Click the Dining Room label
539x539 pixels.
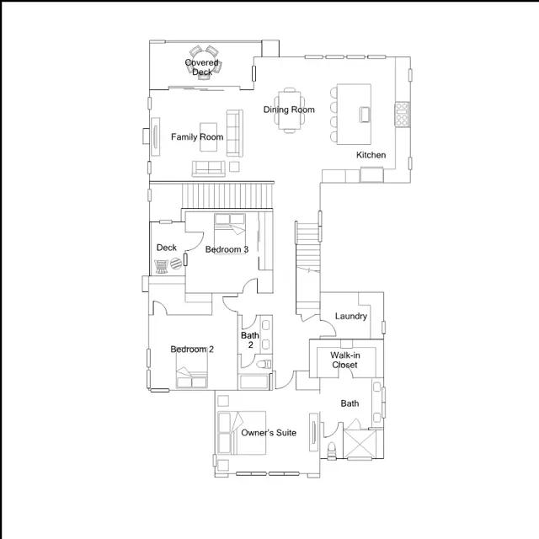tap(289, 109)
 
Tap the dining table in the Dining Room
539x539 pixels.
tap(289, 109)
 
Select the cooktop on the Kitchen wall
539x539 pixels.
tap(402, 114)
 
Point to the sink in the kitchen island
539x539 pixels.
tap(364, 113)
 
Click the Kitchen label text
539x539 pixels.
tap(371, 155)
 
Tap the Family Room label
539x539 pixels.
tap(197, 136)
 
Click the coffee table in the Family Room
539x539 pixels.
tap(210, 144)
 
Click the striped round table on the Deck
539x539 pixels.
tap(175, 264)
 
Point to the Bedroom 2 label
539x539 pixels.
tap(191, 350)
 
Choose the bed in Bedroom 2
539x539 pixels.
tap(191, 371)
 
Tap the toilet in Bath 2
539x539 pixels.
tap(263, 364)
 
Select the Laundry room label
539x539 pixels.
tap(350, 317)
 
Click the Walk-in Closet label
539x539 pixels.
tap(344, 360)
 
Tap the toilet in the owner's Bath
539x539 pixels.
tap(332, 449)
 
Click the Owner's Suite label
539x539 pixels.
tap(268, 433)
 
